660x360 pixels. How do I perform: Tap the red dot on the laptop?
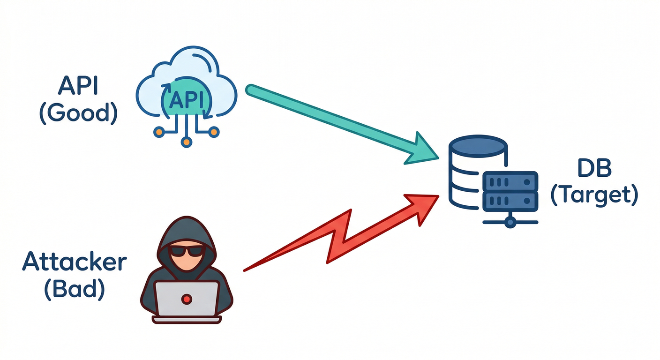pyautogui.click(x=187, y=299)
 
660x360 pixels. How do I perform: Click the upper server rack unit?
pyautogui.click(x=510, y=180)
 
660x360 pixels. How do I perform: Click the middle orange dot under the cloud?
pyautogui.click(x=187, y=141)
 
